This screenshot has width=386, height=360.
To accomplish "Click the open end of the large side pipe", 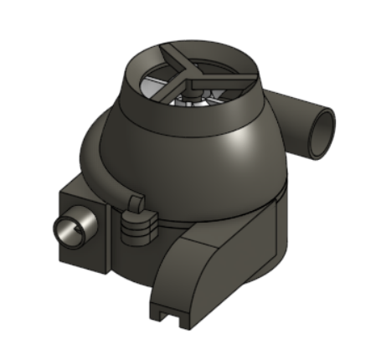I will coord(320,134).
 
